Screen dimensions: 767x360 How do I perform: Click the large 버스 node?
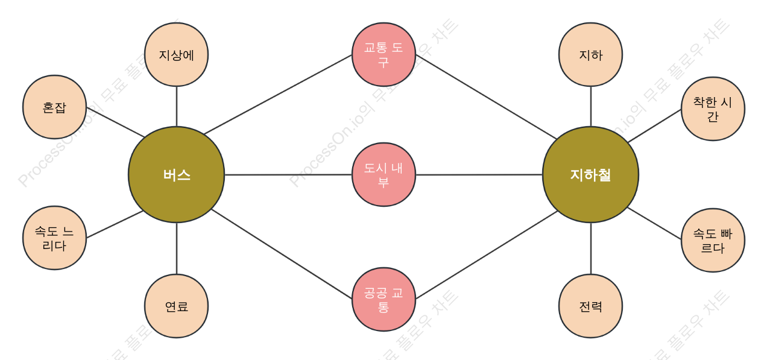(x=176, y=175)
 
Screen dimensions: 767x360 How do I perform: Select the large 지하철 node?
(x=591, y=175)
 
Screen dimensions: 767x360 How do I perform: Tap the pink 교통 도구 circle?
(x=384, y=54)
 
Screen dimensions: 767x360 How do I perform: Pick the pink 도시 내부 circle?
(x=384, y=175)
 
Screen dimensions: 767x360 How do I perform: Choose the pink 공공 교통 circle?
(x=384, y=299)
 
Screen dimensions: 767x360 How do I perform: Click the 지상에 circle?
(x=176, y=54)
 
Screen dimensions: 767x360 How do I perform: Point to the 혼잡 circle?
(x=54, y=107)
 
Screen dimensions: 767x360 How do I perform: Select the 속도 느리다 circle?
(x=54, y=238)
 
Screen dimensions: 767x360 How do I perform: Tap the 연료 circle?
(x=176, y=306)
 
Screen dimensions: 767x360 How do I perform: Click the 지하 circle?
(x=591, y=54)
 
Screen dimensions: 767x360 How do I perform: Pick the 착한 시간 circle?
(x=713, y=109)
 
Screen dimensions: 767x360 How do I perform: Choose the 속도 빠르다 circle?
(x=713, y=241)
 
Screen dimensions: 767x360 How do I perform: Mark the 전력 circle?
(x=591, y=306)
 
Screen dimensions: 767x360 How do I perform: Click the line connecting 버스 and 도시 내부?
(x=288, y=175)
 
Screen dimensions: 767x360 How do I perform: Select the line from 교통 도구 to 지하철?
(x=486, y=97)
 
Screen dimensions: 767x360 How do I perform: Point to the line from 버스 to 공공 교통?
(x=282, y=254)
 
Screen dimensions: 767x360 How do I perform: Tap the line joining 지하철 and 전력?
(x=591, y=248)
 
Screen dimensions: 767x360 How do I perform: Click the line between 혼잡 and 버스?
(x=115, y=122)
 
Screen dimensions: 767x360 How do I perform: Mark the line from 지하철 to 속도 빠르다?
(x=654, y=223)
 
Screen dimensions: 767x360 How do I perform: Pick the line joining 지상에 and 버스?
(x=176, y=107)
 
